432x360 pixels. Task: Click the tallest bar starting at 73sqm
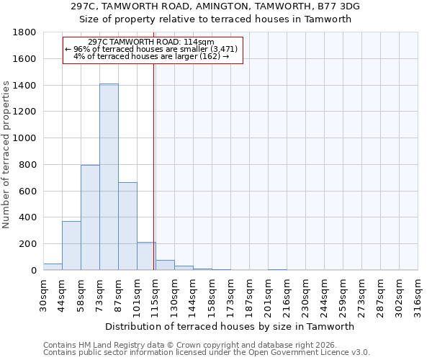[109, 177]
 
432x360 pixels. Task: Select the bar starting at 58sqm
[90, 217]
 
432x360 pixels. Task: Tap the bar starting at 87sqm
[127, 226]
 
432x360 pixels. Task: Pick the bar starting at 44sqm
[71, 246]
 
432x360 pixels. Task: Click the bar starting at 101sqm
[146, 256]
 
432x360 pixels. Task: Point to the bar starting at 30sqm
[53, 266]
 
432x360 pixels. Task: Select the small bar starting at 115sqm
[165, 265]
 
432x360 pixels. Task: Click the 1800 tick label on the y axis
[25, 32]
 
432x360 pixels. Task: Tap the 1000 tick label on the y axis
[25, 138]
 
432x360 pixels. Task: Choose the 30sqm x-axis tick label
[43, 293]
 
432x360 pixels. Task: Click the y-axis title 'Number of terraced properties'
[6, 155]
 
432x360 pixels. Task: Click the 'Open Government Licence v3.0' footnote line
[207, 352]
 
